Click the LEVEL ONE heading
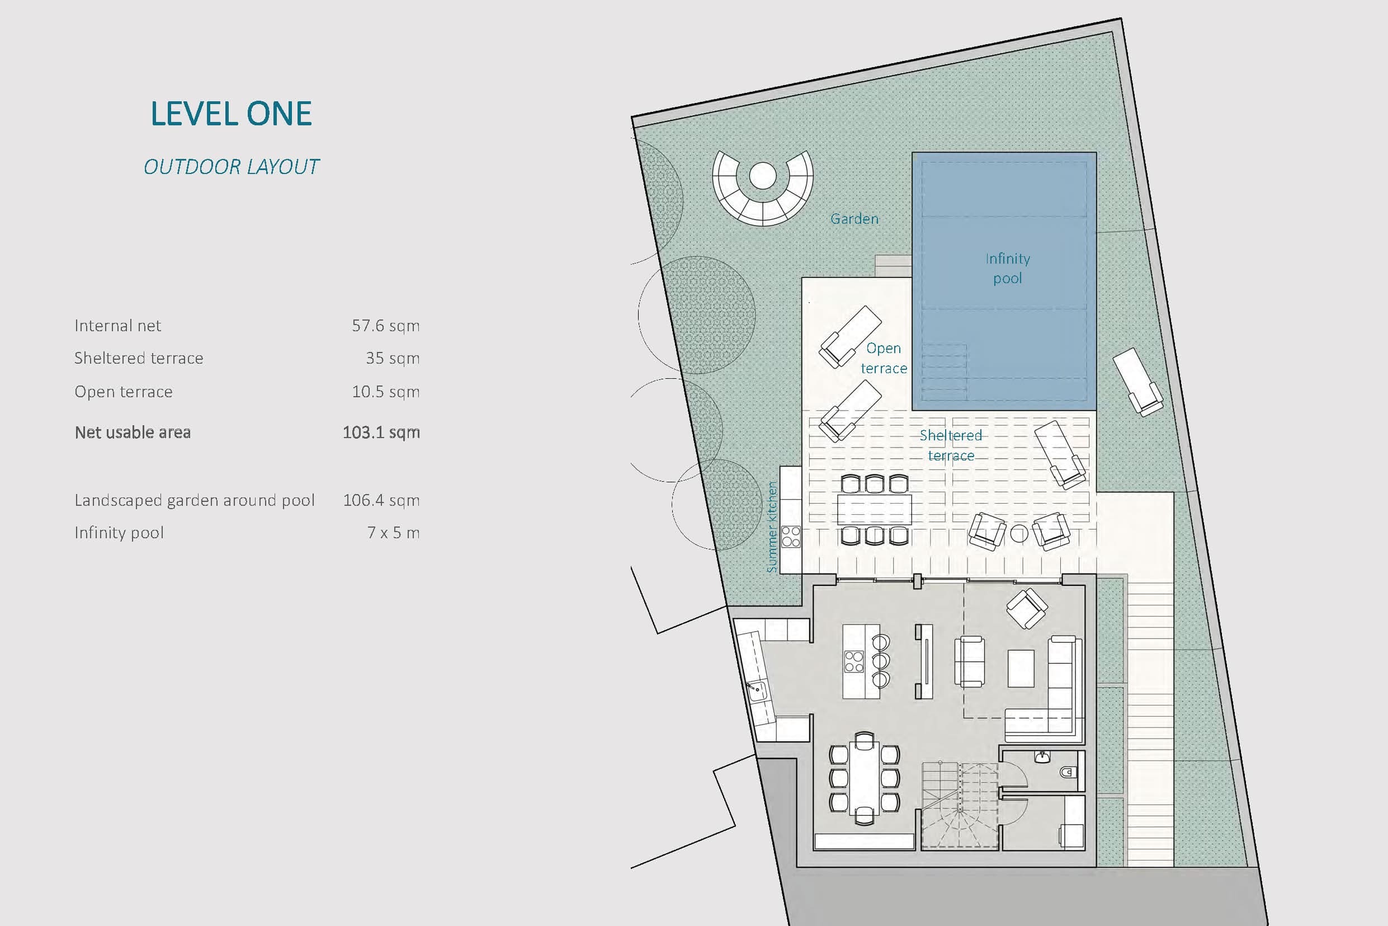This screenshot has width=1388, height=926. pyautogui.click(x=232, y=114)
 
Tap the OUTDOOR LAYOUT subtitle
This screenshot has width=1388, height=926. pyautogui.click(x=232, y=167)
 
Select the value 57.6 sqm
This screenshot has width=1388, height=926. pyautogui.click(x=386, y=326)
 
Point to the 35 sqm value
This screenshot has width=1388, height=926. pyautogui.click(x=393, y=359)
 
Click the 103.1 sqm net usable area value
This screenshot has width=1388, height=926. pyautogui.click(x=381, y=433)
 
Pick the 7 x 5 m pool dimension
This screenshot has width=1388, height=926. pyautogui.click(x=394, y=533)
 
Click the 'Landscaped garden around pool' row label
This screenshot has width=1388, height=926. pyautogui.click(x=195, y=501)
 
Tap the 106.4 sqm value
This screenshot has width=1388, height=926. pyautogui.click(x=381, y=501)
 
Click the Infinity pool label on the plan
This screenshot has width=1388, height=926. pyautogui.click(x=1007, y=268)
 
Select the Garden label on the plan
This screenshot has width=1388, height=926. pyautogui.click(x=854, y=219)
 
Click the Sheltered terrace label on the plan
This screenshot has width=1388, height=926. pyautogui.click(x=951, y=445)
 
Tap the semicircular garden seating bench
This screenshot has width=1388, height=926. pyautogui.click(x=762, y=188)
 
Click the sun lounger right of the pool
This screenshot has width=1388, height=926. pyautogui.click(x=1138, y=382)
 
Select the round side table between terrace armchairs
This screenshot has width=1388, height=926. pyautogui.click(x=1019, y=534)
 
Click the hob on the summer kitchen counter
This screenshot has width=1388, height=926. pyautogui.click(x=791, y=537)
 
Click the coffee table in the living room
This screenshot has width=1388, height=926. pyautogui.click(x=1021, y=668)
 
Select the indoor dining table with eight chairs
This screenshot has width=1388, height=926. pyautogui.click(x=865, y=778)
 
